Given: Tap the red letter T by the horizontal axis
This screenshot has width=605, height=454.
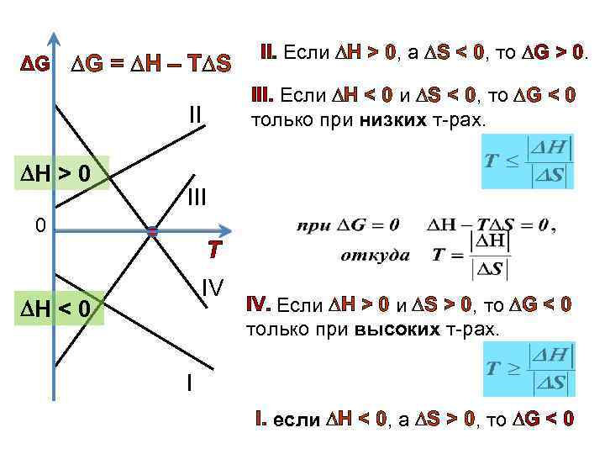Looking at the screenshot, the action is click(x=215, y=251).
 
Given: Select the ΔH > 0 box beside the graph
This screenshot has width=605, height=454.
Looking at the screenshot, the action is click(x=60, y=174).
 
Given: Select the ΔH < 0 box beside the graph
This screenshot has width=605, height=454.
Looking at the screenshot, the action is click(x=60, y=313).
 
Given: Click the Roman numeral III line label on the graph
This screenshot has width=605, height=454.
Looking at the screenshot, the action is click(x=196, y=198).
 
